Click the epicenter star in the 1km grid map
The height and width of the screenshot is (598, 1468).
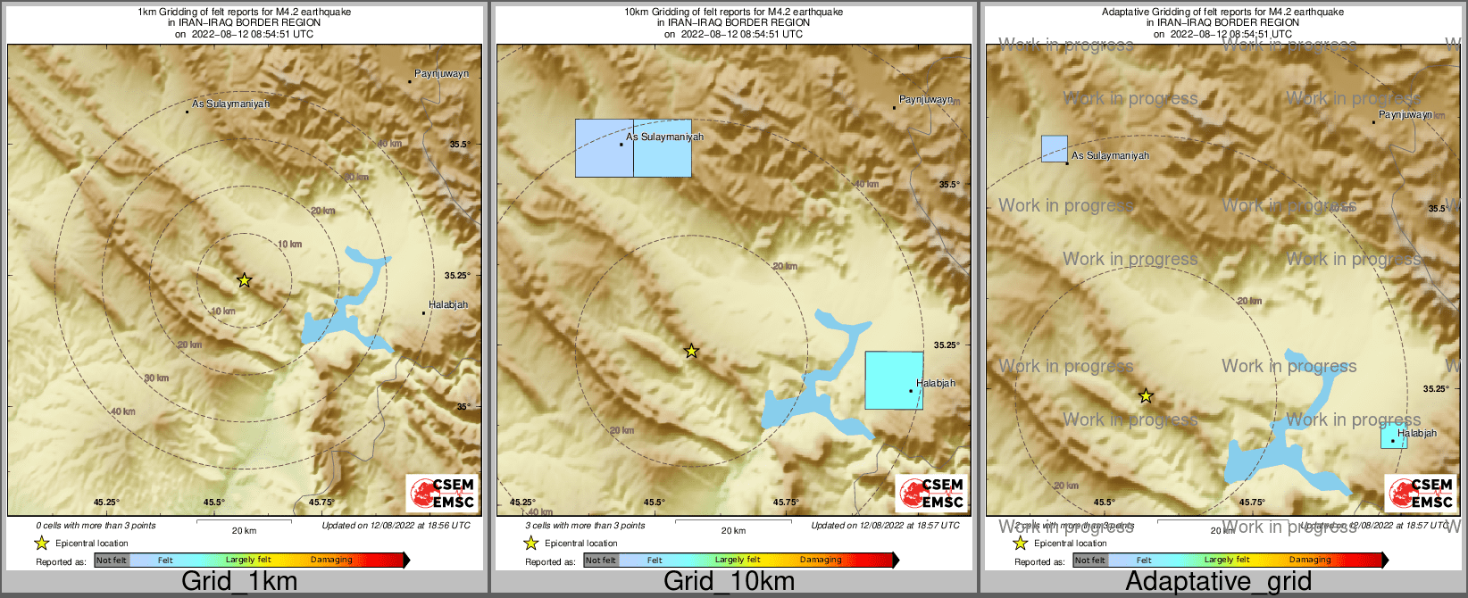[244, 280]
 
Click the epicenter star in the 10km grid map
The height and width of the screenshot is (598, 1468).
[691, 351]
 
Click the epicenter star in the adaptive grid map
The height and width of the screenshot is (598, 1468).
[1146, 395]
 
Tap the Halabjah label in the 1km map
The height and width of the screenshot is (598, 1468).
[447, 305]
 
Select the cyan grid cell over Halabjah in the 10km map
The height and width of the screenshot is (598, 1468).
[894, 380]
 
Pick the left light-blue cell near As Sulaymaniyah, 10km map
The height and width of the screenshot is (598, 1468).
[604, 148]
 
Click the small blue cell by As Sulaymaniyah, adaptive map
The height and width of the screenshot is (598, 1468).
[1055, 148]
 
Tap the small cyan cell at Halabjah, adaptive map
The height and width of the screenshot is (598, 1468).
[1392, 436]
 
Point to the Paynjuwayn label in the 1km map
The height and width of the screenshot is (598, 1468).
[441, 74]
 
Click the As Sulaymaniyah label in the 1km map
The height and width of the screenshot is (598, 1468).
[230, 104]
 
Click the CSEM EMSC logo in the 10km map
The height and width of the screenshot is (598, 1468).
[931, 494]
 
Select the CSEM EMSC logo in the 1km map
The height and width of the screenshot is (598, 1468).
[442, 494]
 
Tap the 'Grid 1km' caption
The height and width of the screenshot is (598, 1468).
[238, 582]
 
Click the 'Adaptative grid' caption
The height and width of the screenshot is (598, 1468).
[1218, 582]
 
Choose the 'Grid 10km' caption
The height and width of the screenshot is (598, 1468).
[729, 582]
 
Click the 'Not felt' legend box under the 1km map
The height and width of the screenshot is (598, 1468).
[112, 561]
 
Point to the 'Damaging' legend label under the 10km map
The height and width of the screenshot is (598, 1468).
[820, 561]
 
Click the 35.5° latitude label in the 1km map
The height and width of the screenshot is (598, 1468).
[459, 145]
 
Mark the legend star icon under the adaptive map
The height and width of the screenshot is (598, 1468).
[1020, 543]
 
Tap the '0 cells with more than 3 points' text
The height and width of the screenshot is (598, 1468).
[96, 526]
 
